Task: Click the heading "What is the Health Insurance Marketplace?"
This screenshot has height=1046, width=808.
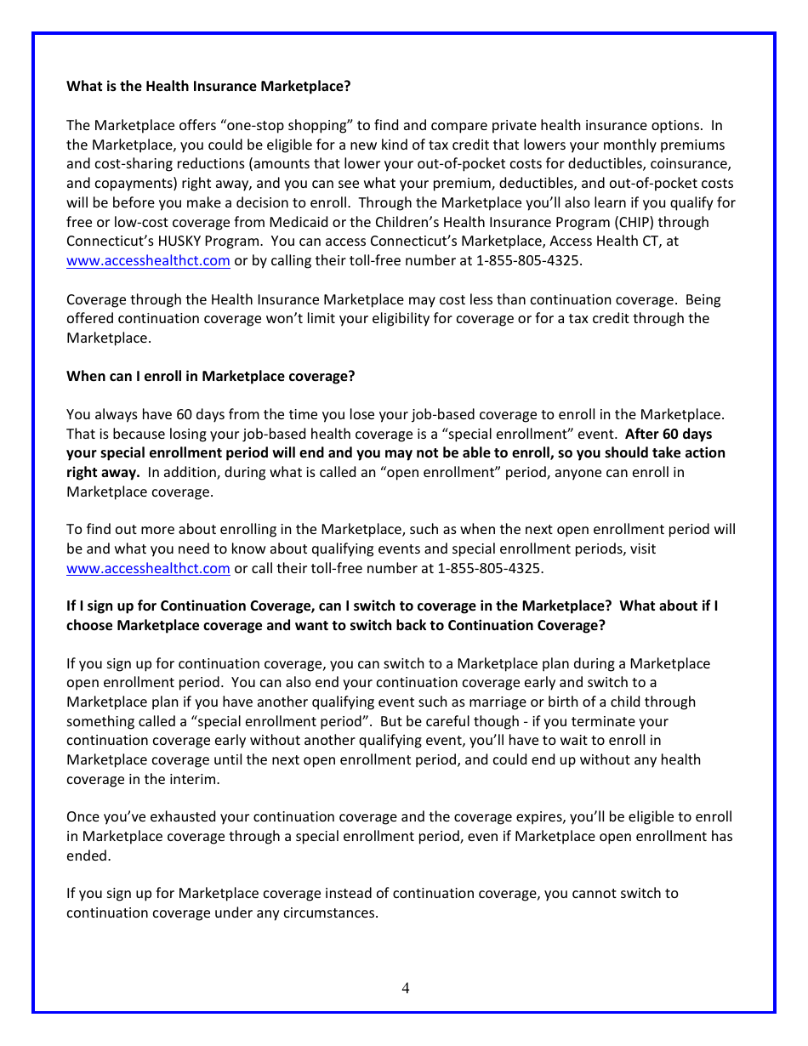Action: click(x=208, y=87)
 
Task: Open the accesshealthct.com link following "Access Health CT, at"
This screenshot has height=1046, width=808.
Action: click(x=148, y=261)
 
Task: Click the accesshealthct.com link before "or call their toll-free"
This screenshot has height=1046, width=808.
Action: click(x=148, y=568)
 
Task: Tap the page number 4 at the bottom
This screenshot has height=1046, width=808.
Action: click(x=405, y=987)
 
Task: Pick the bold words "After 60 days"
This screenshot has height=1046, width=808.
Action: click(x=669, y=434)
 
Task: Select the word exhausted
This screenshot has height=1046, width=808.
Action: click(x=185, y=817)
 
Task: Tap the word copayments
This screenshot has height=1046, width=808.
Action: click(x=134, y=184)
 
